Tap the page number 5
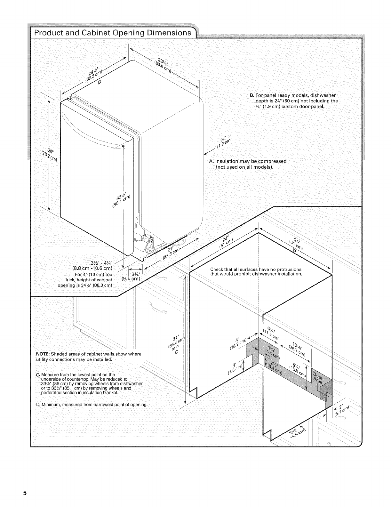[x=24, y=492]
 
